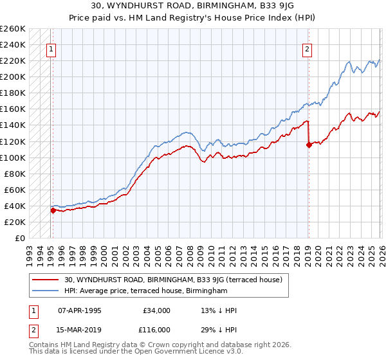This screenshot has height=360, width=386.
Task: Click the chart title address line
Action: [x=192, y=5]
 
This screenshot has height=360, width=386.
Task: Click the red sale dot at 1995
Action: [x=53, y=210]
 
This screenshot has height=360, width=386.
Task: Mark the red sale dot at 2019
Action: [x=309, y=145]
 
